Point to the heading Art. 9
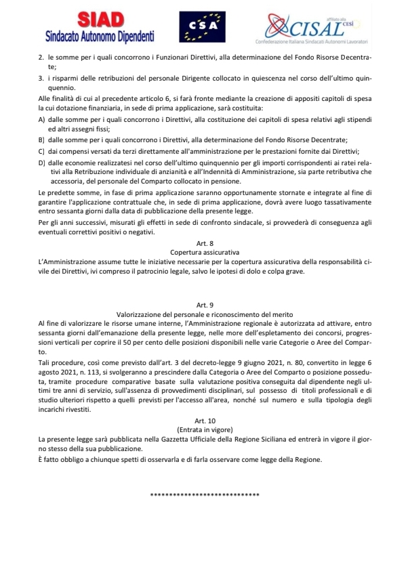tap(204, 306)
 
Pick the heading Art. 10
tap(204, 421)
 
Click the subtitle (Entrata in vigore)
tap(204, 430)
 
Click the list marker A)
tap(42, 120)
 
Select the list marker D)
tap(42, 163)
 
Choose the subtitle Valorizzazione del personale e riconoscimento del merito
tap(204, 315)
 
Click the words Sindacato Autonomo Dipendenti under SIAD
tap(100, 35)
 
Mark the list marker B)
tap(42, 140)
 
